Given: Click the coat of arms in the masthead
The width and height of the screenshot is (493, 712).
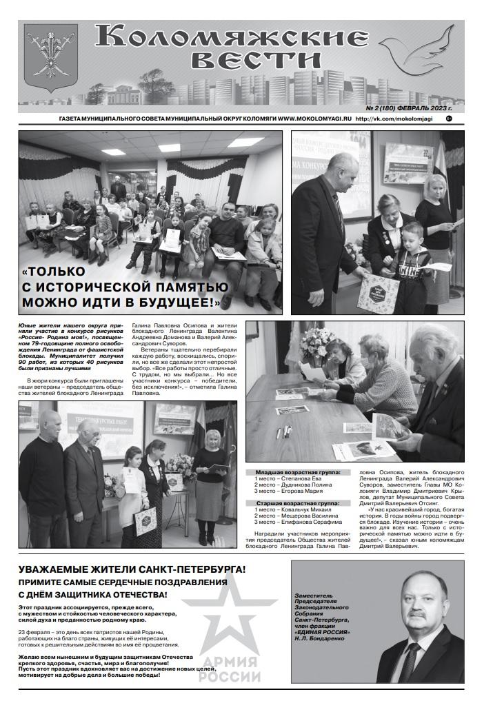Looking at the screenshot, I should [x=50, y=57].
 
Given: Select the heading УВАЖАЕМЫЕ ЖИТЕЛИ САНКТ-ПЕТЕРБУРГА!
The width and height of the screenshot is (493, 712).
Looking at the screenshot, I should [x=132, y=569].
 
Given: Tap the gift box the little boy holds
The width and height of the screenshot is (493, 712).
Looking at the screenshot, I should [x=379, y=291].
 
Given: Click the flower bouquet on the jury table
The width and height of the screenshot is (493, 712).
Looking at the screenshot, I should [x=316, y=342].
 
